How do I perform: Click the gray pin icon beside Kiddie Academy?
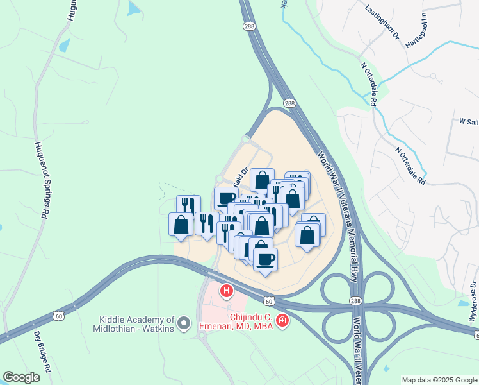184,323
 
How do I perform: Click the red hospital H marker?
226,292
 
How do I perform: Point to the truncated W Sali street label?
468,121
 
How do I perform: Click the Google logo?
21,377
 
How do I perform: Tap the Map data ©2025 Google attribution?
439,379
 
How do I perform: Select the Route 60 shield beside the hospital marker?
269,300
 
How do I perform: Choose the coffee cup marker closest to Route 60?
265,259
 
